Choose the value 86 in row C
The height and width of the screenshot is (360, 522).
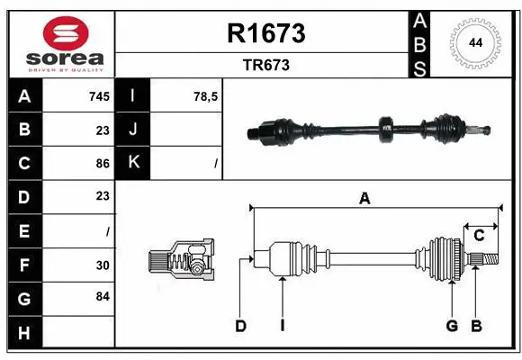[102, 163]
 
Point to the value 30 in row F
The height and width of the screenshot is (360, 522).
[103, 265]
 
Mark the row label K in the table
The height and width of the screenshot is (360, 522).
[134, 163]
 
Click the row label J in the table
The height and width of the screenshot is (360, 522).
[134, 130]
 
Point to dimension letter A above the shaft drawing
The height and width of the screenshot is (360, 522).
[364, 199]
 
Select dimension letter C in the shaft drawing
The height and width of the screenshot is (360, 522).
[480, 236]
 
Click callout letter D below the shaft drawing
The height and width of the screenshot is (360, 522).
[240, 326]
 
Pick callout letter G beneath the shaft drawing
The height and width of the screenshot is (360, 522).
[452, 326]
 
